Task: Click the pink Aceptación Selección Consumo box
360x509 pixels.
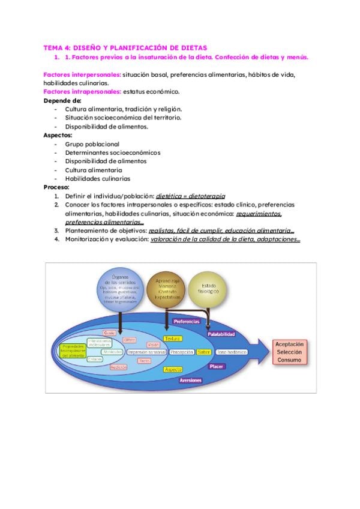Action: (290, 352)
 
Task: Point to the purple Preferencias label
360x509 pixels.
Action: (187, 322)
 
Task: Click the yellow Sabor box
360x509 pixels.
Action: (203, 352)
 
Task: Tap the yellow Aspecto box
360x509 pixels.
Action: (173, 369)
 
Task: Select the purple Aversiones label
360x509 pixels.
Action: (191, 381)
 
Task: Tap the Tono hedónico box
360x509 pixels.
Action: (231, 352)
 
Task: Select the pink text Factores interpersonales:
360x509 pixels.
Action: (82, 74)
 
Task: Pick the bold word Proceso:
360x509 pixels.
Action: (56, 187)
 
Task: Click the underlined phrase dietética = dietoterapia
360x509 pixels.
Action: (190, 196)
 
